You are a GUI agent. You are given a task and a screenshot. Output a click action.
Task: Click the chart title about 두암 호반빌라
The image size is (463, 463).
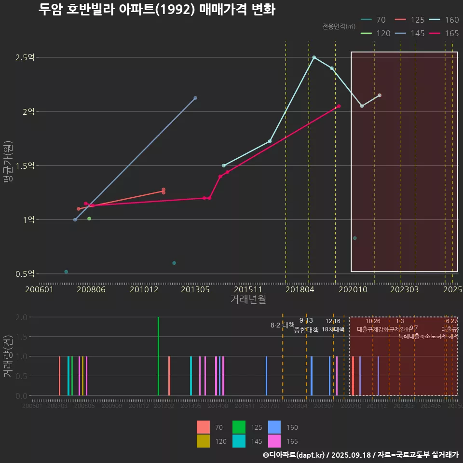tap(157, 10)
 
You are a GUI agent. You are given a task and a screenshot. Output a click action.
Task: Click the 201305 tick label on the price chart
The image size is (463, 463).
tap(195, 289)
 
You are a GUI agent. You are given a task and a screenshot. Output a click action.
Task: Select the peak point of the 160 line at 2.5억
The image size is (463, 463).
tap(314, 57)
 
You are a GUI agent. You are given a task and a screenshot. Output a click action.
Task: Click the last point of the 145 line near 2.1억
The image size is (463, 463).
tap(195, 98)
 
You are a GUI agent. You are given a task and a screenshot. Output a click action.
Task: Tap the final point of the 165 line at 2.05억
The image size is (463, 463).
tap(339, 106)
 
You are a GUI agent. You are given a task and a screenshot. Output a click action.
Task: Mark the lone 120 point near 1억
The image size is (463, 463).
tap(89, 218)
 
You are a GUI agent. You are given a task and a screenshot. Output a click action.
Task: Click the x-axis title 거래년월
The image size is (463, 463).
tap(248, 299)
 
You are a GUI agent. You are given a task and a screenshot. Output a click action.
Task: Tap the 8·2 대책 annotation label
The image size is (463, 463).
tap(283, 325)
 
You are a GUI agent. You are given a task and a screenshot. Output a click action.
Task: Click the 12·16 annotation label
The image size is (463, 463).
tap(333, 321)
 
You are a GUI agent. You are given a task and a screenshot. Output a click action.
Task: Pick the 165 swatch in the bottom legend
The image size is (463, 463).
tap(274, 441)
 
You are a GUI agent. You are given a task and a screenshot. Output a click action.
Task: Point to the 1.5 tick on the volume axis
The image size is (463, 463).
tap(21, 337)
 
